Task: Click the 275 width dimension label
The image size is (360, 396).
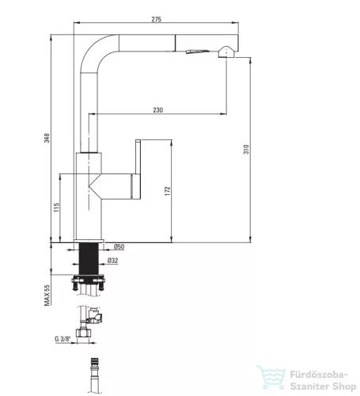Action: [156, 19]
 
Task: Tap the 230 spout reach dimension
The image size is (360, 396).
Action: [158, 110]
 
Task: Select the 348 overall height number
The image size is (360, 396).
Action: [47, 138]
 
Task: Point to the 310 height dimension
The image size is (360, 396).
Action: [246, 150]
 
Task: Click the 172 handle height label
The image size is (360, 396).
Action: [168, 191]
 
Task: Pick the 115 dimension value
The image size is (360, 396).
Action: [56, 208]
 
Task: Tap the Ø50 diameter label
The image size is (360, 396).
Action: [119, 247]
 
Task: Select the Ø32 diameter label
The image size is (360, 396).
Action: [112, 261]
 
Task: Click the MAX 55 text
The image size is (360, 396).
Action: [47, 295]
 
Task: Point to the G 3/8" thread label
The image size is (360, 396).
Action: [63, 339]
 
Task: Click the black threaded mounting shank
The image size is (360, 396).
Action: [89, 259]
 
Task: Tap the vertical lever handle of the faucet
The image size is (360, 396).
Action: [138, 169]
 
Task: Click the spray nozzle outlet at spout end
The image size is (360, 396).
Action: [225, 52]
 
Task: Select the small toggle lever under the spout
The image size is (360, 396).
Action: [198, 51]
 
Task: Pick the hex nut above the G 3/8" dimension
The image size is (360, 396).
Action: [83, 333]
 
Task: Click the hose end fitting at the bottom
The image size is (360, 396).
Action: [94, 375]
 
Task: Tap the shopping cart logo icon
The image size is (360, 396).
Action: [271, 377]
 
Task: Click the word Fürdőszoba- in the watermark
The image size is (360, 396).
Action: [320, 375]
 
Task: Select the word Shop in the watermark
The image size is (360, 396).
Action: [344, 387]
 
